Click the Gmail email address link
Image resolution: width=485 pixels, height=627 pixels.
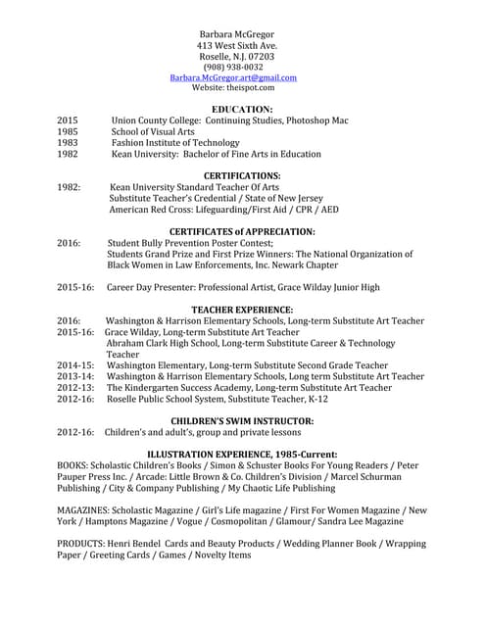pos(233,77)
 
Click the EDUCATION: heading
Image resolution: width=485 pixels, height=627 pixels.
pos(242,109)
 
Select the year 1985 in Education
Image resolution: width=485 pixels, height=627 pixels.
pos(68,131)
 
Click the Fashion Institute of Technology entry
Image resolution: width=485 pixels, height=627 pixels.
pos(175,143)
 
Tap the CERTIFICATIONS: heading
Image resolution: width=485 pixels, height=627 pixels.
pos(242,175)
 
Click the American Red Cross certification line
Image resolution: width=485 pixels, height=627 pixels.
pos(223,210)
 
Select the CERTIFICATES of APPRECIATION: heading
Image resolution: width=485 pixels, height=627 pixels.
pos(242,231)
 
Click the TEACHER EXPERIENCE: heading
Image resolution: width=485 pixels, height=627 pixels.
pos(242,310)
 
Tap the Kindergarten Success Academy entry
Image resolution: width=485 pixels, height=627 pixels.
pos(249,387)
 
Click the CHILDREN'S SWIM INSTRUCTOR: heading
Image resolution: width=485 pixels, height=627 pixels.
pos(242,420)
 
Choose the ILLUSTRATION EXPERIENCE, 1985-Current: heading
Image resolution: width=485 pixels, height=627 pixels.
pos(242,454)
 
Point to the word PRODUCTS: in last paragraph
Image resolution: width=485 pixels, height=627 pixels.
pos(85,543)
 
